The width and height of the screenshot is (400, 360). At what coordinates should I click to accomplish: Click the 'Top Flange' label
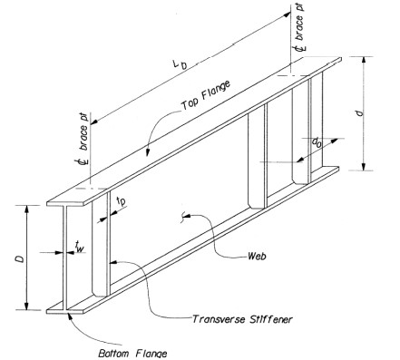[206, 95]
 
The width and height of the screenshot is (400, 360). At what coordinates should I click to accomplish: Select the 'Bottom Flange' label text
[132, 354]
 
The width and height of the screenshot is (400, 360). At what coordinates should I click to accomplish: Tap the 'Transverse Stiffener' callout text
[242, 319]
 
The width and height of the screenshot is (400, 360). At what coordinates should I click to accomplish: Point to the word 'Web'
[257, 257]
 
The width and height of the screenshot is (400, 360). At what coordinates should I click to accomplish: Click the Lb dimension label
[180, 64]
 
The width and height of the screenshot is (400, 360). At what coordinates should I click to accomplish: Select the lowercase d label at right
[359, 113]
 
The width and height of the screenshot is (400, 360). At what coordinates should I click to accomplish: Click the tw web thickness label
[80, 247]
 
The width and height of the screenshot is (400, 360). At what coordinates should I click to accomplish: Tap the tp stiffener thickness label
[121, 201]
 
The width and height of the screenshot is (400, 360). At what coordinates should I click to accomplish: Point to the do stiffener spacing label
[317, 142]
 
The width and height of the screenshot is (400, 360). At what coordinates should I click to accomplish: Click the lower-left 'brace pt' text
[84, 131]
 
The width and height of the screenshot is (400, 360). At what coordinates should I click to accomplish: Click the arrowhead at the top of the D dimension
[27, 209]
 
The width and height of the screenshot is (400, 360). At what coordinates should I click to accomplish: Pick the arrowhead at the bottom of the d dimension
[364, 167]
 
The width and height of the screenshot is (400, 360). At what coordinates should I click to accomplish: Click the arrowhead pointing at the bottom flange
[71, 316]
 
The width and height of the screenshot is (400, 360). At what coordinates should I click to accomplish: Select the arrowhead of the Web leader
[188, 216]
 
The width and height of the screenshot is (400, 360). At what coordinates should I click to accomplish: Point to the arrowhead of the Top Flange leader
[147, 152]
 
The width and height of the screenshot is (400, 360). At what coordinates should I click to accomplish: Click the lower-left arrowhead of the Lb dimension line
[94, 122]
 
